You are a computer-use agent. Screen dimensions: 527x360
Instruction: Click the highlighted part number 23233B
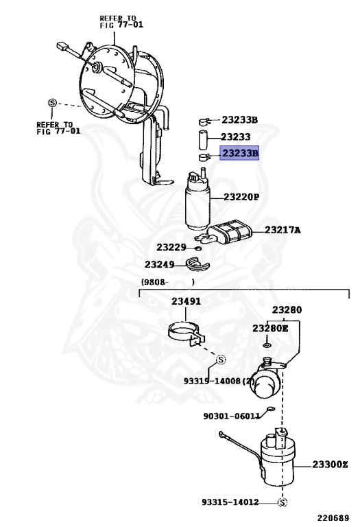239,154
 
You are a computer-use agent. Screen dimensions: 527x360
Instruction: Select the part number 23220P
241,197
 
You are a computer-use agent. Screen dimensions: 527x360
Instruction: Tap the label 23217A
282,230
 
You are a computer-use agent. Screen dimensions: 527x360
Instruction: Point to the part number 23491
186,301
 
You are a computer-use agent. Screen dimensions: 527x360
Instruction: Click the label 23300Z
330,465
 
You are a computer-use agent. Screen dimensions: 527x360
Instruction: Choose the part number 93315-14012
230,502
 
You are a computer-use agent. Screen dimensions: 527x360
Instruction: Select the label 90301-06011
231,415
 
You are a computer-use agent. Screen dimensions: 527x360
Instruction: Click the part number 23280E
270,329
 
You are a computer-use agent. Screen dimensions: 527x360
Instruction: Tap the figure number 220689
333,519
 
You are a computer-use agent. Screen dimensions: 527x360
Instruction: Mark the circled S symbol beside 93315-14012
282,502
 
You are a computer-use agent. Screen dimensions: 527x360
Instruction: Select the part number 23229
171,246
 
